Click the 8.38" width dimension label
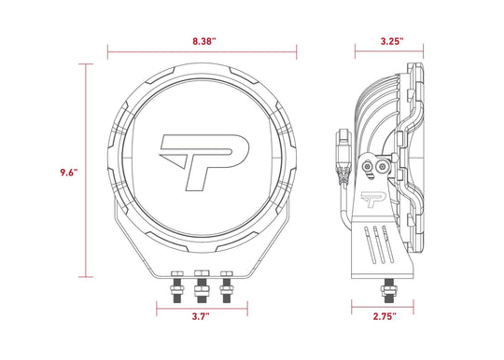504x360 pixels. click(x=204, y=41)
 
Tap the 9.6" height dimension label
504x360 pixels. click(x=69, y=173)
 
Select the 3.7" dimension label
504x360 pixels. click(x=201, y=316)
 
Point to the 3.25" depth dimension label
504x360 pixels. click(x=392, y=41)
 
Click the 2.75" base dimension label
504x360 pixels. click(x=385, y=317)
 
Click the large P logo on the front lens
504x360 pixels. click(x=204, y=162)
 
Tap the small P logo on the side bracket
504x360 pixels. click(x=372, y=200)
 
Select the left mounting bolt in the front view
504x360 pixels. click(x=177, y=286)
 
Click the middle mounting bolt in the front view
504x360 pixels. click(x=202, y=286)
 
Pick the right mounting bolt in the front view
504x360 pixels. click(x=227, y=286)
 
